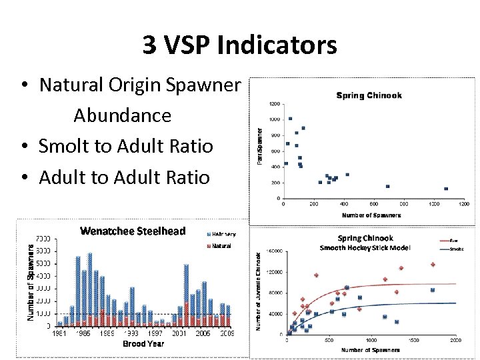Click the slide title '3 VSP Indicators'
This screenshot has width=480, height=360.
239,45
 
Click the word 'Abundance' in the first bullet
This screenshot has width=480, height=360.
122,115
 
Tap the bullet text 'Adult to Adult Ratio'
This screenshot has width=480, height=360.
125,177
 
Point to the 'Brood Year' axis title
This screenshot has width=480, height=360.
143,344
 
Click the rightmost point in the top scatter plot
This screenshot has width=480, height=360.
446,189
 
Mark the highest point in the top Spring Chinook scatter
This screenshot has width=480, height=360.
290,119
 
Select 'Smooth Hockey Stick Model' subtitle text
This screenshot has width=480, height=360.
365,248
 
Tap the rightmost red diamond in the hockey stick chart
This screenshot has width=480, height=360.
433,265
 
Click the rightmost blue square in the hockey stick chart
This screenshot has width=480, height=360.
433,290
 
